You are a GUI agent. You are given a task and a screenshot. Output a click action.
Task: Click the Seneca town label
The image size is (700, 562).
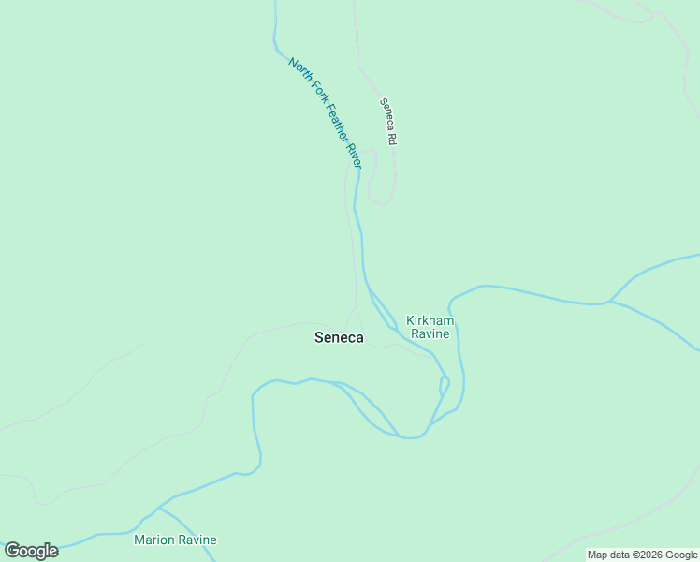point(339,338)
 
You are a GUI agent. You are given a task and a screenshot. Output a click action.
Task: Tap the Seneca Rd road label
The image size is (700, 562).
point(388,121)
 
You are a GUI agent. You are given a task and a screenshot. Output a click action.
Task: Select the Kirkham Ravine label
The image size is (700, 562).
point(429,327)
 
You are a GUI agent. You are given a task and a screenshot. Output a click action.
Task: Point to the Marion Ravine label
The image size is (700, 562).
point(175,540)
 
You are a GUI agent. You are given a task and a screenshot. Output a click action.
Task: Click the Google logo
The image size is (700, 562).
point(31,551)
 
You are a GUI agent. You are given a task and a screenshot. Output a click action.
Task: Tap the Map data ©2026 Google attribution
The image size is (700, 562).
point(642,555)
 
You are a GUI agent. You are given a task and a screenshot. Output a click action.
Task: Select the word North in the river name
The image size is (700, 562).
point(299,71)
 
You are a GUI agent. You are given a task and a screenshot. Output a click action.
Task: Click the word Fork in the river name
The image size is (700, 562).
point(314,93)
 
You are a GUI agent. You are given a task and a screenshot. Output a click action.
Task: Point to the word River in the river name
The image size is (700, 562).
point(353,155)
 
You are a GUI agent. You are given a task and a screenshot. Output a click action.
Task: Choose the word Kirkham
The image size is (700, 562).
point(429,320)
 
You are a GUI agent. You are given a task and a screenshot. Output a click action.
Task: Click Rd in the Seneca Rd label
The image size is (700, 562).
point(392,138)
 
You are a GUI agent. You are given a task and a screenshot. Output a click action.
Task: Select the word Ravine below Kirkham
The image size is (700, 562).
point(429,333)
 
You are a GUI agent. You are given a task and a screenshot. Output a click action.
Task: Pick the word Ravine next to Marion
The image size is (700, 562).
point(197,540)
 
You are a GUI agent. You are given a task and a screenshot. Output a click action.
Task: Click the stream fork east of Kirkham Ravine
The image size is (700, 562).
point(609,302)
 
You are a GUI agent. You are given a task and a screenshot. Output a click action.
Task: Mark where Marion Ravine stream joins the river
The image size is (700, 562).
point(159,508)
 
